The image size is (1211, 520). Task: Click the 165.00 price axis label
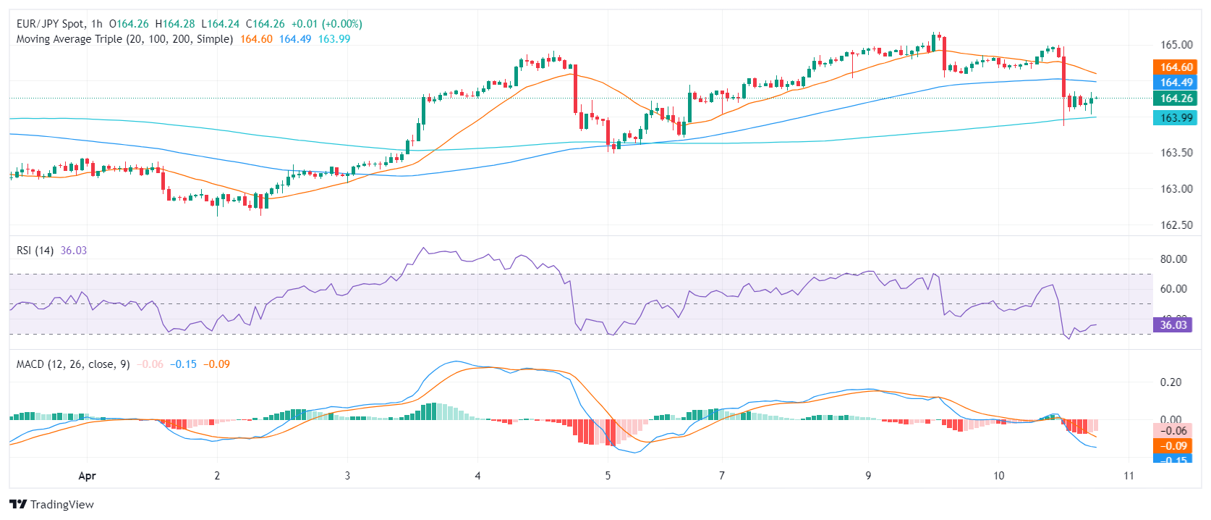pos(1176,45)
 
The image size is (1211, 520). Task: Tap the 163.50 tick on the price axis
pos(1176,153)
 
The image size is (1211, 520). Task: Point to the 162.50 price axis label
pos(1176,225)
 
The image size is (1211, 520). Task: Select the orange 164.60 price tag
pos(1176,67)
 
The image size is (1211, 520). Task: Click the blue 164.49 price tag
pos(1176,83)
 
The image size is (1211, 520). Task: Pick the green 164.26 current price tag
pos(1176,98)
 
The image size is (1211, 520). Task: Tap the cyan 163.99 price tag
pos(1176,118)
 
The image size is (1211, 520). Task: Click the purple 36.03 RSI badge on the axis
pos(1173,325)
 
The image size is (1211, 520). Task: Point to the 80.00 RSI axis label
pos(1173,259)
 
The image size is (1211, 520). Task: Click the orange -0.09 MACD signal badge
pos(1173,446)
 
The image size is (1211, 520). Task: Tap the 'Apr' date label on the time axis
pos(87,476)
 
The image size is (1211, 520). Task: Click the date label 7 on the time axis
pos(722,476)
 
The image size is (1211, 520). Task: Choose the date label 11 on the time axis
pos(1129,476)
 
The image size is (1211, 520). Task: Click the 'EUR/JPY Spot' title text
pos(51,24)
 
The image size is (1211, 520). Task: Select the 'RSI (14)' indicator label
pos(35,251)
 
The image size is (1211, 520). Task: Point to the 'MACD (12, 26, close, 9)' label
pos(73,364)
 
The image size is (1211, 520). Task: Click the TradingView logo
pos(52,505)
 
